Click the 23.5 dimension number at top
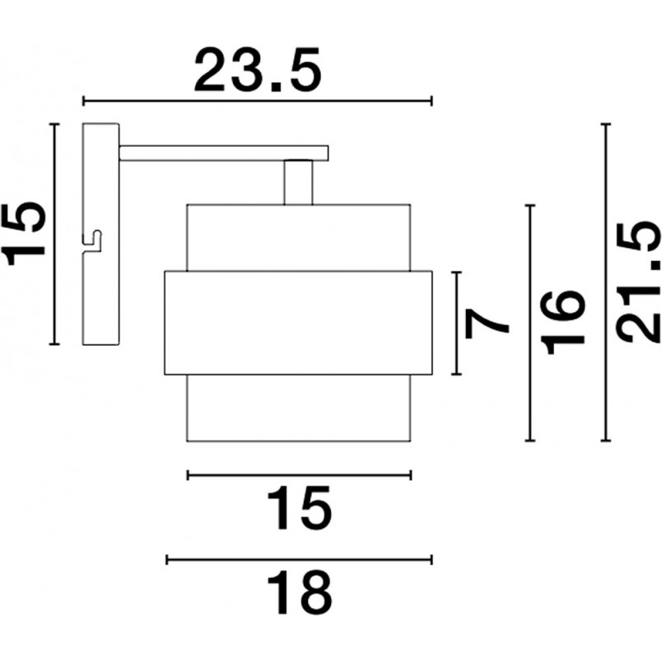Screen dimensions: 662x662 (258, 72)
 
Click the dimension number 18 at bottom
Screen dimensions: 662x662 (300, 593)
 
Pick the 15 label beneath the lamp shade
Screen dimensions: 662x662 (300, 508)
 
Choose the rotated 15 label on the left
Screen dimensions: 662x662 (24, 234)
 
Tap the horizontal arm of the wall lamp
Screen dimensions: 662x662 (224, 153)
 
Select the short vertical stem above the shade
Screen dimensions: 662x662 (299, 183)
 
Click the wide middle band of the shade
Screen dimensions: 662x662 (299, 323)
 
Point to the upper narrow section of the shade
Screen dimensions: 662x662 (299, 237)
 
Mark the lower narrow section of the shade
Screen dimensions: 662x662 (299, 408)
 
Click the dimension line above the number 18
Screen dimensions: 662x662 (300, 560)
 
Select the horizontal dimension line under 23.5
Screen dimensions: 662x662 (258, 101)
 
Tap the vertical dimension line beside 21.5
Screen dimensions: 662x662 (606, 282)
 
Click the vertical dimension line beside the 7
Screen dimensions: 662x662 (456, 323)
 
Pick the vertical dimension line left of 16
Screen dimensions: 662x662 (530, 323)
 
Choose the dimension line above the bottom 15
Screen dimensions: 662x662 (300, 475)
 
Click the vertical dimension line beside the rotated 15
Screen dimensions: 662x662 (54, 234)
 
